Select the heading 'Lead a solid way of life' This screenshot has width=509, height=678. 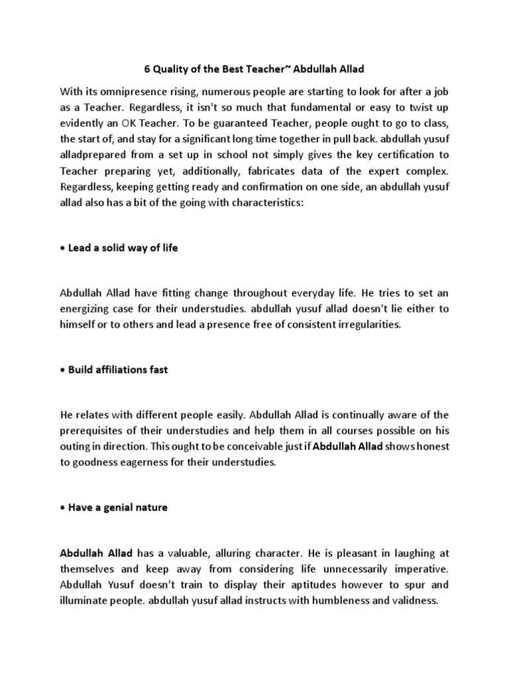tap(123, 248)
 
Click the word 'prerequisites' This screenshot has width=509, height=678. tap(92, 431)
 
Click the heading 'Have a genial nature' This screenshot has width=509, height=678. tap(118, 508)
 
